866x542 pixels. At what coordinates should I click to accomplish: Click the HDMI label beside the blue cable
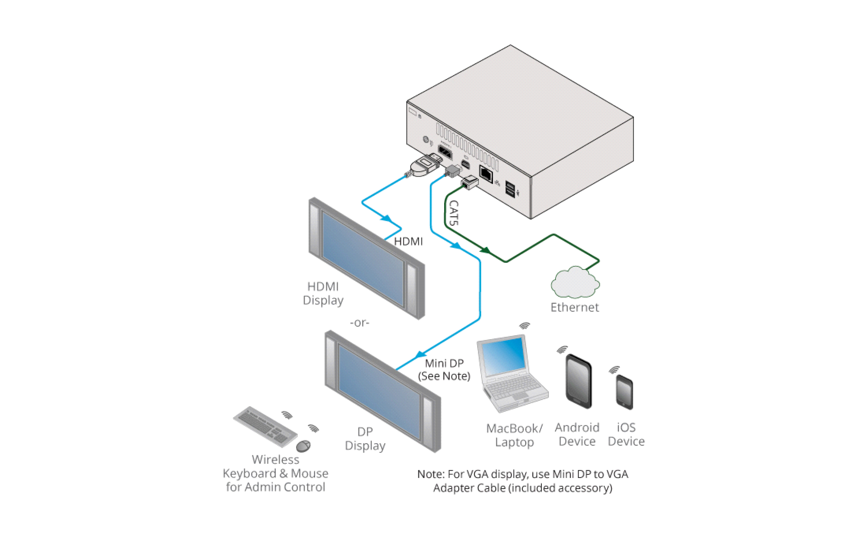point(408,241)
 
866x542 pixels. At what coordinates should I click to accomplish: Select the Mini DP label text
point(444,363)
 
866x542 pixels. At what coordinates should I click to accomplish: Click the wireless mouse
point(303,446)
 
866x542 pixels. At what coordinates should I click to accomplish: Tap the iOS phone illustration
point(624,392)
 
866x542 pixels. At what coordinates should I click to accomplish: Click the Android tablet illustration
point(578,381)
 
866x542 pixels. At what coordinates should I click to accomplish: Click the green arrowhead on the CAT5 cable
point(486,250)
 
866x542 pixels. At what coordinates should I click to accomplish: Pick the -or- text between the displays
point(359,323)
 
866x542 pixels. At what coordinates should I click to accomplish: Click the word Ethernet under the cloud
point(574,307)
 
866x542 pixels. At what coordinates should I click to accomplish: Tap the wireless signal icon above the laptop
point(524,326)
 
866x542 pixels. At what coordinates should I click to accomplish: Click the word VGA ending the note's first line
point(617,474)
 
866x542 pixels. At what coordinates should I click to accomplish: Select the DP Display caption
point(365,439)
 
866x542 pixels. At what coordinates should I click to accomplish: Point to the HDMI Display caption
point(323,293)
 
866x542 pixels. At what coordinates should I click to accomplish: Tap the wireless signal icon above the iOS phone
point(614,370)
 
